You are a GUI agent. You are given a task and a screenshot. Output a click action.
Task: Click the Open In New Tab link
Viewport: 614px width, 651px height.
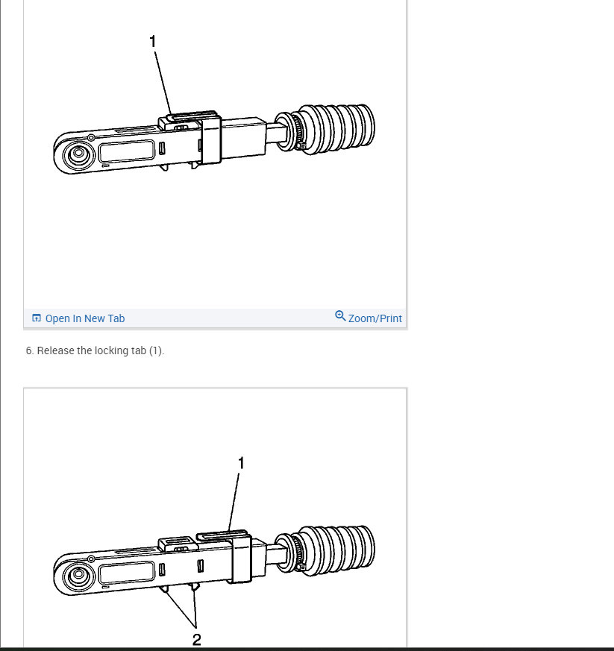84,318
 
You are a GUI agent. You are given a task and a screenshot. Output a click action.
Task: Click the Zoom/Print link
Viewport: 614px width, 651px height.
375,318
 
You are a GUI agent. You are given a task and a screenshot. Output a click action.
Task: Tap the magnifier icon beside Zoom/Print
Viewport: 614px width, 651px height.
340,316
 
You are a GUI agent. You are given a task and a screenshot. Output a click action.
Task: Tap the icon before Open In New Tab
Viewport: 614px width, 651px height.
37,318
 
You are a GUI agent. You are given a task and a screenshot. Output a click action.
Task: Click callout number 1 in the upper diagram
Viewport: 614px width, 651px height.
154,42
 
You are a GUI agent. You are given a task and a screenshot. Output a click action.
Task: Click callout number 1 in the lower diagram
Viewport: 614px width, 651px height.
241,463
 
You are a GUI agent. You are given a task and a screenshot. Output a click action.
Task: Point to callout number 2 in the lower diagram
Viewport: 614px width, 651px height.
197,639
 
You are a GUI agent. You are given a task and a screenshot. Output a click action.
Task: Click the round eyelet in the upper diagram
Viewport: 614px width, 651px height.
76,156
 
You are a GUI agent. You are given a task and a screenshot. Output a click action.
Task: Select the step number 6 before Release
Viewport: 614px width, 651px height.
29,350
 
